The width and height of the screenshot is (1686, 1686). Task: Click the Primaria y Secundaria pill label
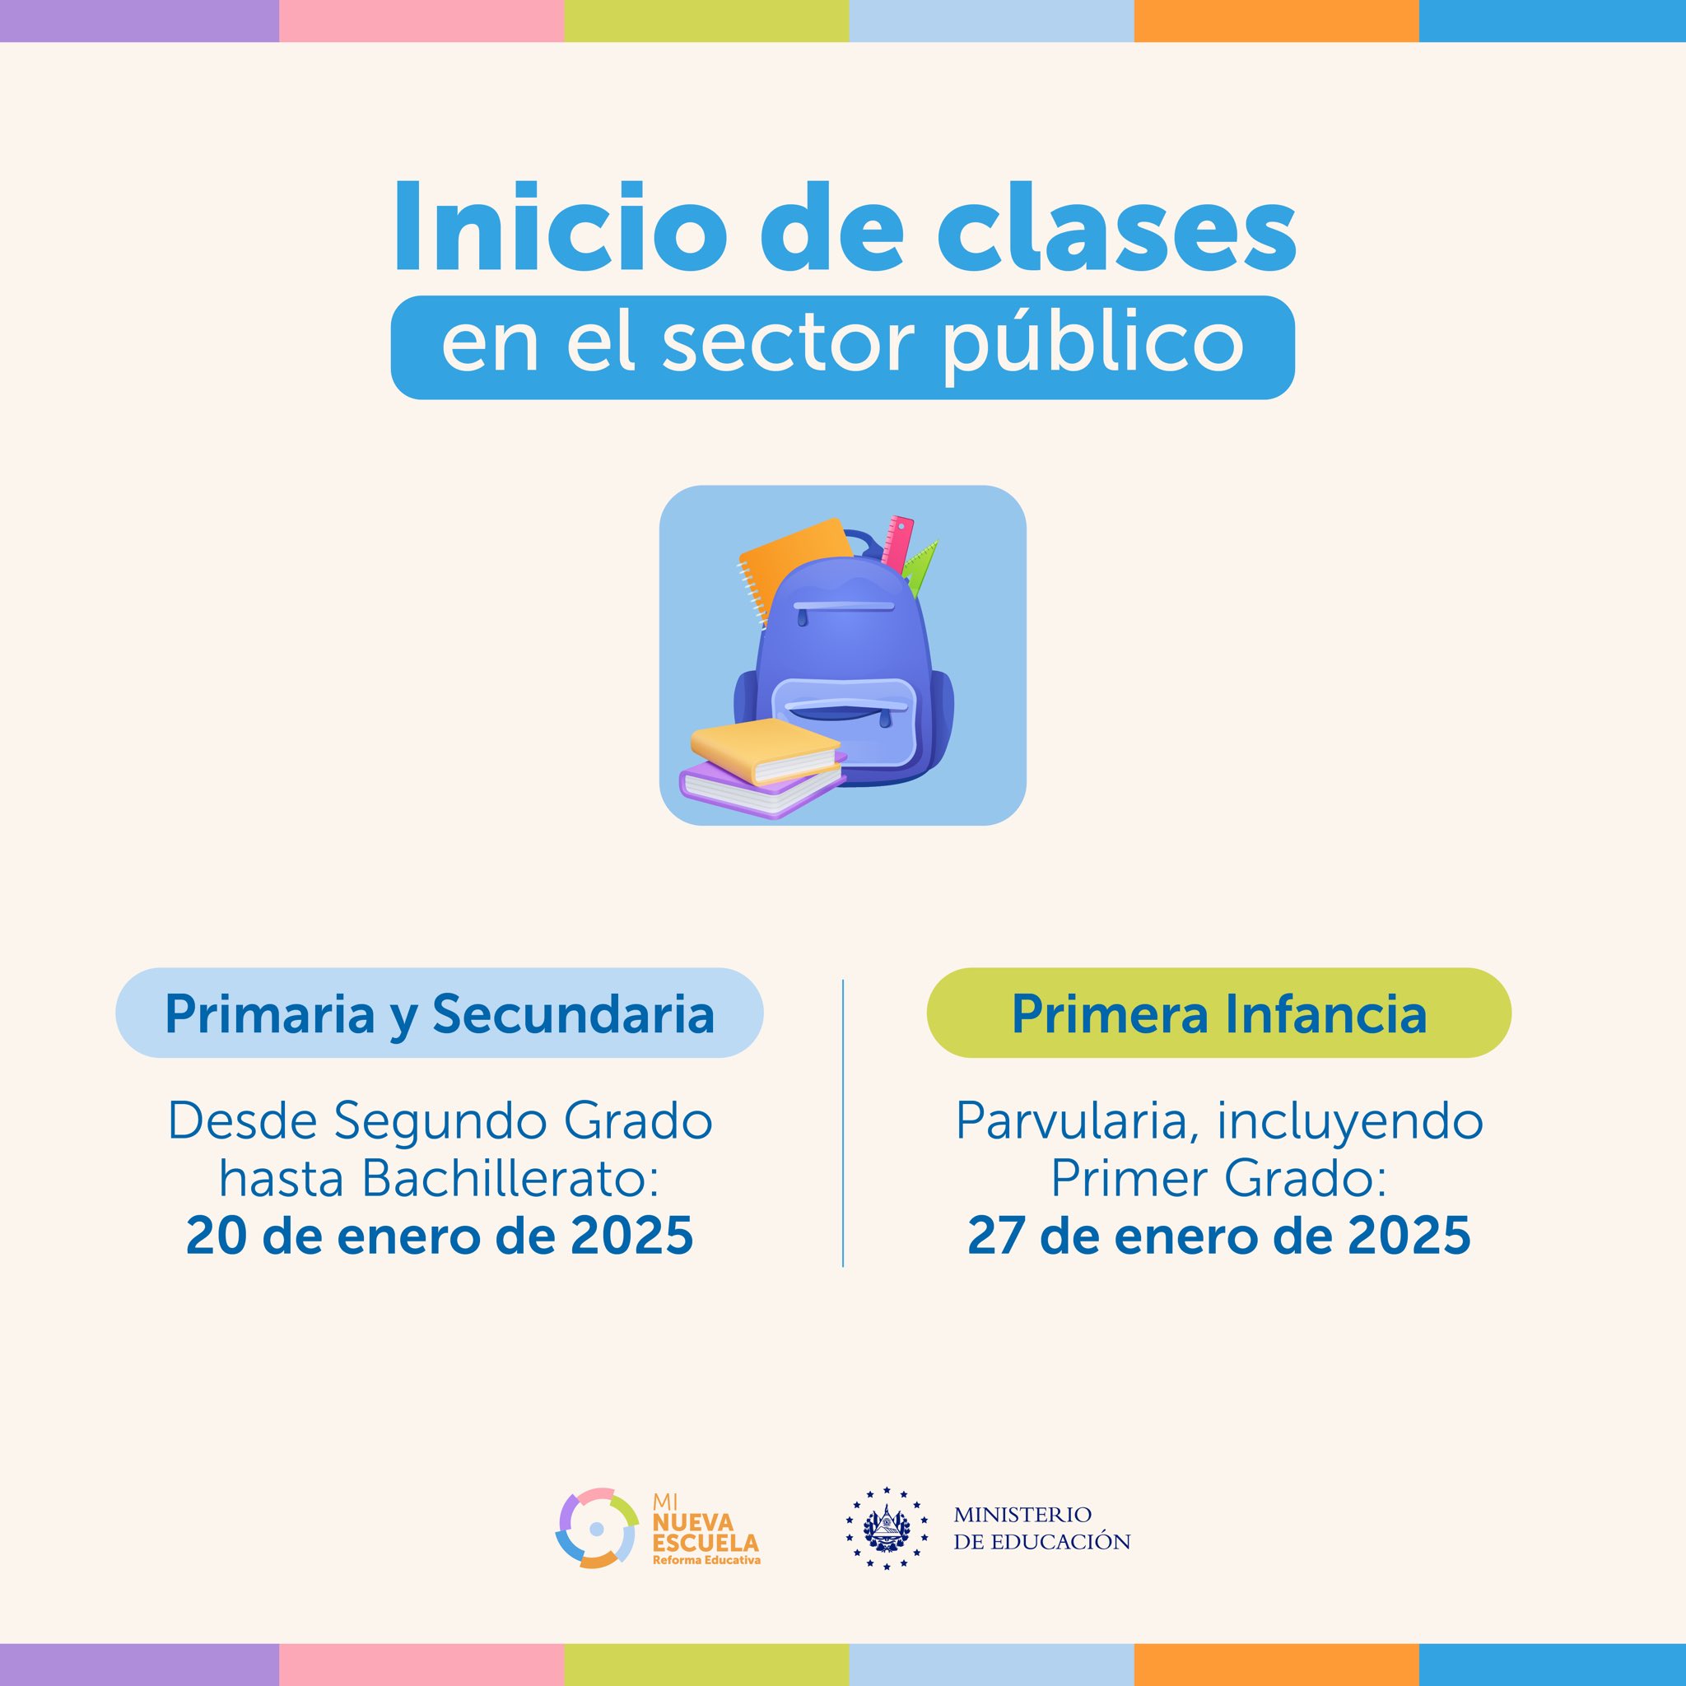click(x=439, y=1013)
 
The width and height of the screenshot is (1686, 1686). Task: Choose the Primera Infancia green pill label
click(x=1218, y=1013)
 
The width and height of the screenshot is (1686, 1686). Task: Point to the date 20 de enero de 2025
click(x=439, y=1236)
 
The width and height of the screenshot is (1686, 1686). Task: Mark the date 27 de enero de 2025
click(x=1218, y=1236)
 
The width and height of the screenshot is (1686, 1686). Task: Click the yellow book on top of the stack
click(x=766, y=749)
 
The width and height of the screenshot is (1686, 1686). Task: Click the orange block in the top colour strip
click(x=1276, y=21)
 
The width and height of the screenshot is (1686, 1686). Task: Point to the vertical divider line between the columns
click(x=843, y=1122)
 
